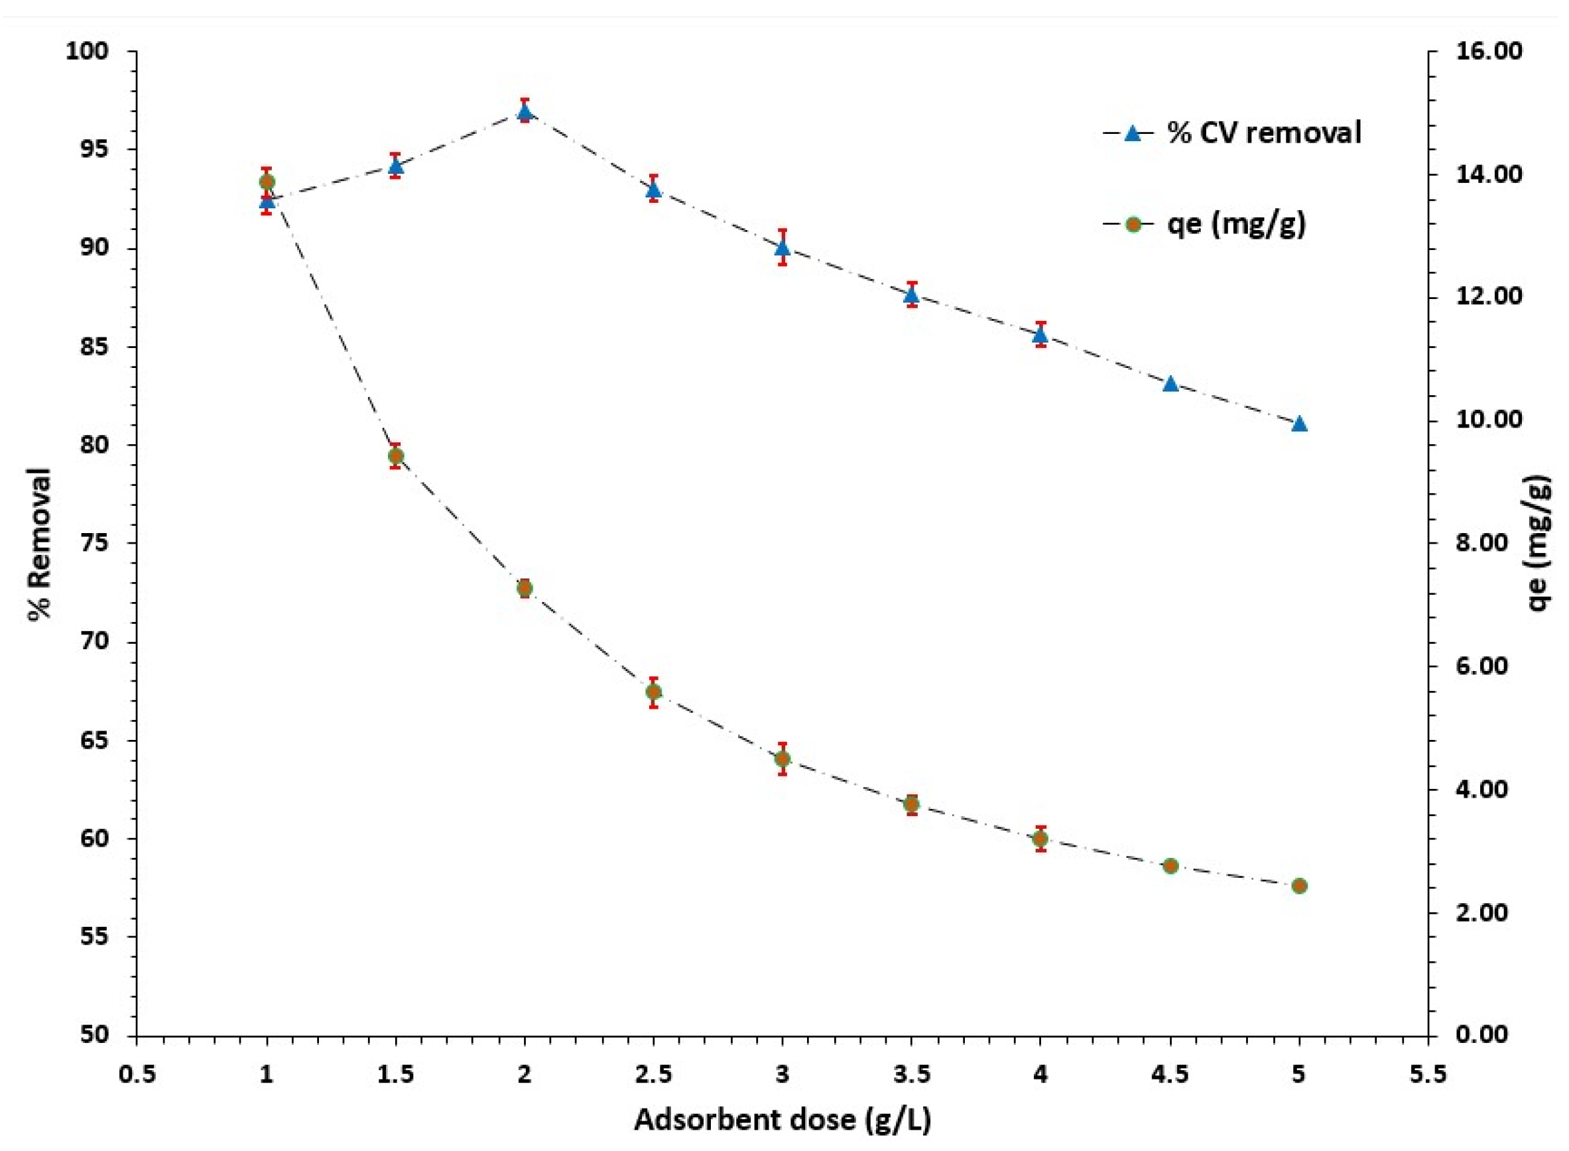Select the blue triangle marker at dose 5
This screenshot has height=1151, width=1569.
pyautogui.click(x=1298, y=424)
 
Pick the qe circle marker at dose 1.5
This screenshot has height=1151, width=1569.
pyautogui.click(x=396, y=456)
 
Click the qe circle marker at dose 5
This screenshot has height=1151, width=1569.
pyautogui.click(x=1298, y=886)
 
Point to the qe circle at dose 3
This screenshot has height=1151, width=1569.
pyautogui.click(x=783, y=758)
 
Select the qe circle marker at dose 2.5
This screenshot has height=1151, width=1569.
pyautogui.click(x=653, y=692)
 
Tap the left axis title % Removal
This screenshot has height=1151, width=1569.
pyautogui.click(x=40, y=544)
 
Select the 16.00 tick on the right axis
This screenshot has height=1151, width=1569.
pyautogui.click(x=1485, y=52)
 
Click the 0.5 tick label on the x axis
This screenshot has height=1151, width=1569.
pyautogui.click(x=137, y=1075)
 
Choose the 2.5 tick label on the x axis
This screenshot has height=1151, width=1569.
pyautogui.click(x=653, y=1075)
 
